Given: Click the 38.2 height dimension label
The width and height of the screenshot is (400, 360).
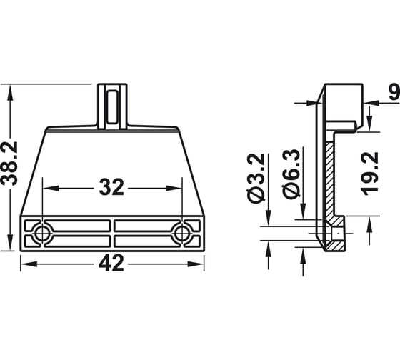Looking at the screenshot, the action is click(9, 164).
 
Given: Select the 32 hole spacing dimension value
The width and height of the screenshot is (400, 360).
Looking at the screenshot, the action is click(111, 187).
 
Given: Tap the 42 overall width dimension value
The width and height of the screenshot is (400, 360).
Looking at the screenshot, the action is click(111, 263).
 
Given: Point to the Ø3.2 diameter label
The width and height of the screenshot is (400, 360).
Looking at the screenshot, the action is click(256, 178).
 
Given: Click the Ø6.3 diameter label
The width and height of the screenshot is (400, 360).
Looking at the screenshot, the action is click(291, 174).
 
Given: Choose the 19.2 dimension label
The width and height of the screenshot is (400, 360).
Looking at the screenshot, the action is click(370, 174).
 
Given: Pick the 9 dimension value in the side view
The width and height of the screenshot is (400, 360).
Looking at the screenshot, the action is click(394, 91).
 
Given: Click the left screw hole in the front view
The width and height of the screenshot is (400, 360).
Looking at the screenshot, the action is click(42, 233).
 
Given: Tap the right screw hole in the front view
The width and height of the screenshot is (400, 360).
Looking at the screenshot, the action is click(181, 233).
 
